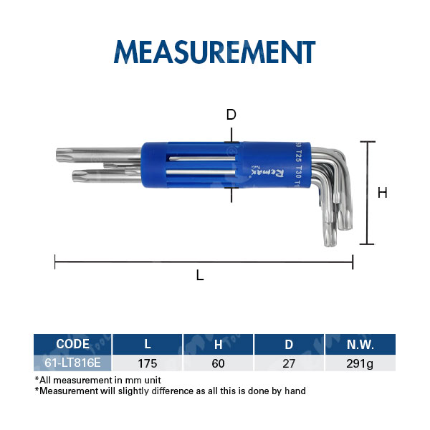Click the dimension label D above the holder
coord(231,115)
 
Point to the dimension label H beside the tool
coord(382,193)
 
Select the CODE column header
coord(72,344)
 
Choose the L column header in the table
coord(148,344)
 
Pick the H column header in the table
coord(218,344)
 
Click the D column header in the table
coord(289,344)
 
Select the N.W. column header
coord(359,344)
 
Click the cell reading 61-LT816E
coord(72,363)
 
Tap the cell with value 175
coord(148,363)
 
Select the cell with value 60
coord(218,363)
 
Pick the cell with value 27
coord(289,363)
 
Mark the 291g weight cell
coord(359,363)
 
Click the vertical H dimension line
coord(367,193)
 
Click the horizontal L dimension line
coord(204,262)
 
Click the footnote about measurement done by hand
coord(170,391)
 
